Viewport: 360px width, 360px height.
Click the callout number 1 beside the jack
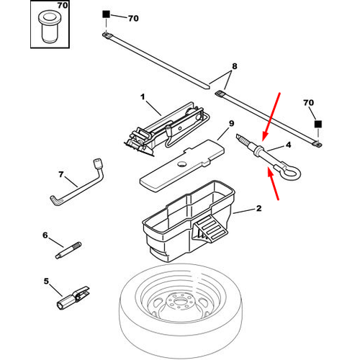click(143, 96)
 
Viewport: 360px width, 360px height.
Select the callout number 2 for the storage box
click(258, 208)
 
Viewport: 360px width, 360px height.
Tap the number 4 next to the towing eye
click(288, 145)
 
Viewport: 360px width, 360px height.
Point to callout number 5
click(46, 281)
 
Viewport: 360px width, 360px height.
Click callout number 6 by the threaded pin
click(45, 235)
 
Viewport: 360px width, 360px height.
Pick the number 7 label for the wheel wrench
click(61, 174)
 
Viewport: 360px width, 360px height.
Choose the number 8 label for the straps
click(235, 66)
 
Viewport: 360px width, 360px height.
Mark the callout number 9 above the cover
click(231, 123)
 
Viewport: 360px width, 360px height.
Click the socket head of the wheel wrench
click(98, 163)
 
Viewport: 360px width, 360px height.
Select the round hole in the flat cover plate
click(182, 164)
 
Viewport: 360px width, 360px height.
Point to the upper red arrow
click(271, 117)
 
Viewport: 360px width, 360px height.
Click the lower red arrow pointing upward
click(273, 184)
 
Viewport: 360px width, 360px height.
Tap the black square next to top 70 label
click(106, 14)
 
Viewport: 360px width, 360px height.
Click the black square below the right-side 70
click(318, 124)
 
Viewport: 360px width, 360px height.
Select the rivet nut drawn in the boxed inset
click(50, 27)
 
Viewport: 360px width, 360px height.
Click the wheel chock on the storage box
click(210, 230)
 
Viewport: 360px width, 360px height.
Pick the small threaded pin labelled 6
click(68, 251)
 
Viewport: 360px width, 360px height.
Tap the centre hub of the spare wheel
click(179, 301)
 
